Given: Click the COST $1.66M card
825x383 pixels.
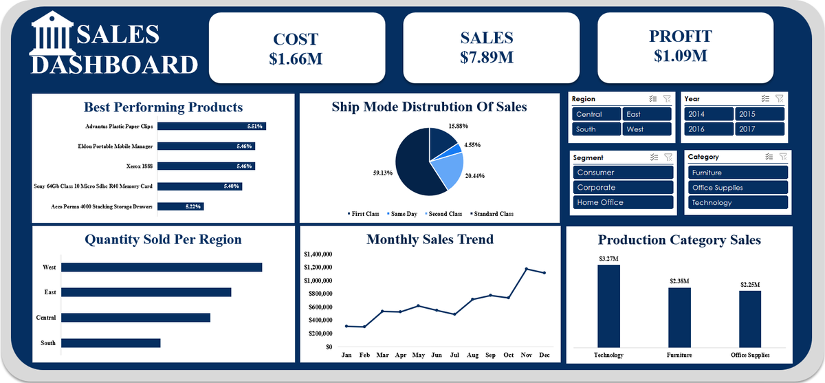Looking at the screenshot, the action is pyautogui.click(x=297, y=48).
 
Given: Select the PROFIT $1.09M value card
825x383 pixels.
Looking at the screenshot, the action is pyautogui.click(x=685, y=48).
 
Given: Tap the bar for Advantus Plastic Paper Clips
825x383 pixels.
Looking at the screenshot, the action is pyautogui.click(x=212, y=127).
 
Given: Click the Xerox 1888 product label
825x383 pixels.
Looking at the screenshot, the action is pyautogui.click(x=139, y=166).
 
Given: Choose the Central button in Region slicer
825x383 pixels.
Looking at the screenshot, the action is pyautogui.click(x=596, y=114).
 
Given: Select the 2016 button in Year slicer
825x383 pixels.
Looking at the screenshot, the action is pyautogui.click(x=709, y=129).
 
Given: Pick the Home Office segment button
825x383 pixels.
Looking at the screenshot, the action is pyautogui.click(x=623, y=202).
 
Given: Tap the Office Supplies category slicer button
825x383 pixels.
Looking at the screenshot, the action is pyautogui.click(x=738, y=188).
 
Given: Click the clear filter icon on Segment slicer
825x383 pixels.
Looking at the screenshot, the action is pyautogui.click(x=668, y=157).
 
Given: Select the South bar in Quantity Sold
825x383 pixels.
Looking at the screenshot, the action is pyautogui.click(x=111, y=343).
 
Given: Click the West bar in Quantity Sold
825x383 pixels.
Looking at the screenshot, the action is pyautogui.click(x=162, y=267).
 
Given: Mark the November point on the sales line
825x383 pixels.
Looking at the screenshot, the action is pyautogui.click(x=527, y=269).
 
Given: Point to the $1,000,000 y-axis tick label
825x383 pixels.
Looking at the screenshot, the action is pyautogui.click(x=318, y=281).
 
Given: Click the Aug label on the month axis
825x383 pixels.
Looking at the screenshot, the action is pyautogui.click(x=472, y=355).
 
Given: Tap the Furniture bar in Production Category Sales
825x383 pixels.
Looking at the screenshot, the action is pyautogui.click(x=679, y=318).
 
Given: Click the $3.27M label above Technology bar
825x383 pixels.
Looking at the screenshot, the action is pyautogui.click(x=608, y=259).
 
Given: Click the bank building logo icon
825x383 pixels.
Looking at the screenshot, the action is pyautogui.click(x=52, y=34).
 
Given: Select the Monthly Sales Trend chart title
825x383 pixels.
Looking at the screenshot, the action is pyautogui.click(x=430, y=239).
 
